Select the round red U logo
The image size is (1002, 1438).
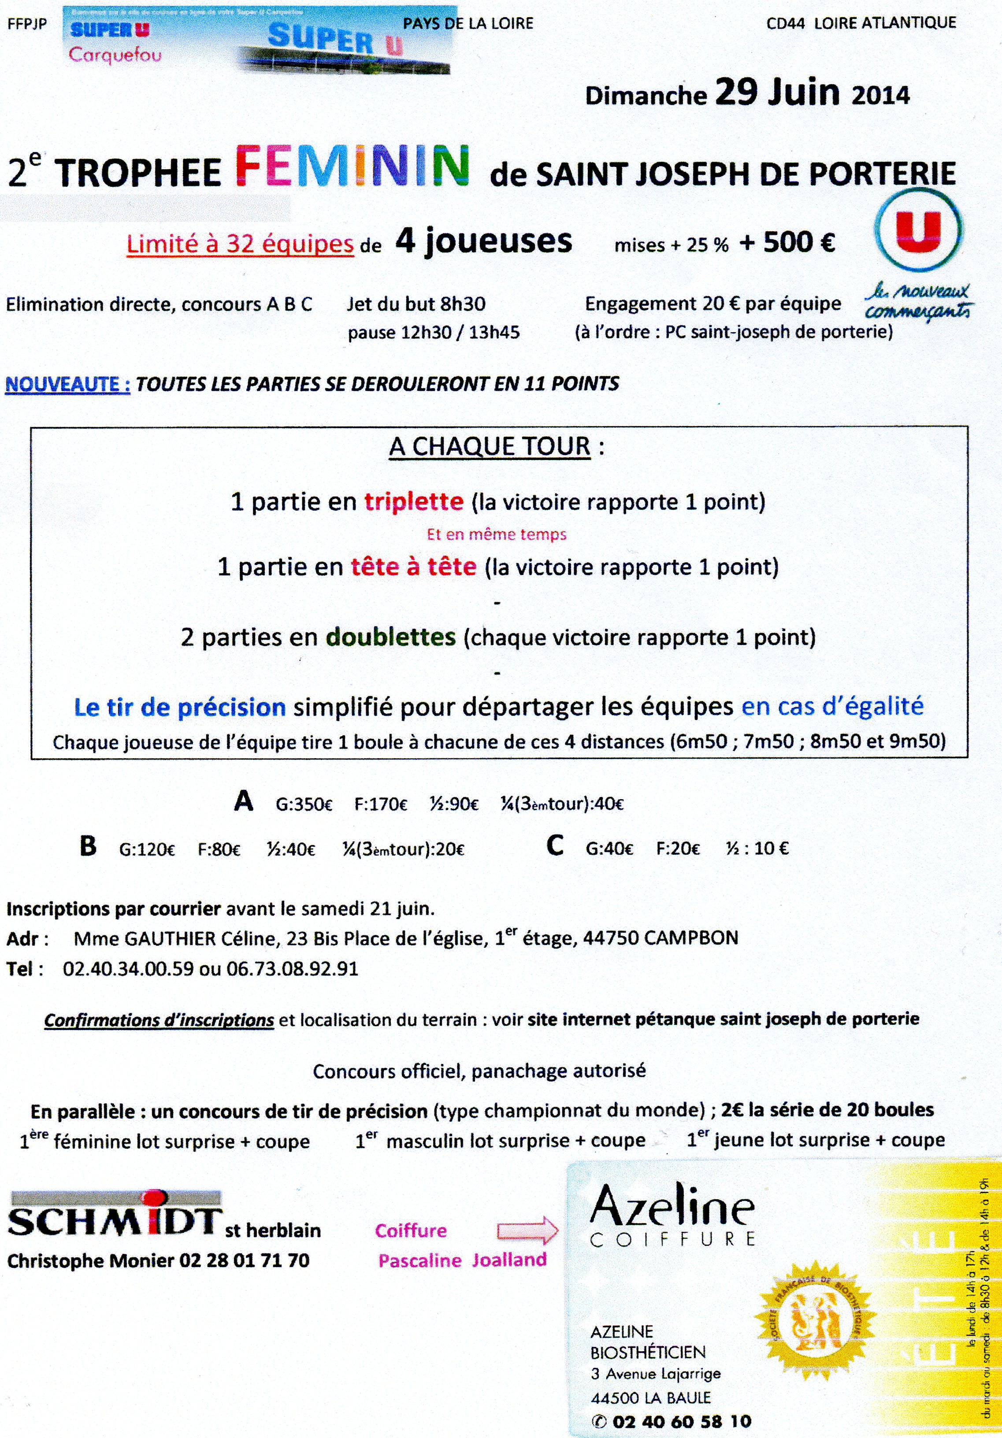tap(918, 229)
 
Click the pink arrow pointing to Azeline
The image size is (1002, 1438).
tap(527, 1230)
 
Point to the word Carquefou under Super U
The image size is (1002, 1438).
tap(115, 55)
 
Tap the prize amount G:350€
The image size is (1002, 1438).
tap(304, 804)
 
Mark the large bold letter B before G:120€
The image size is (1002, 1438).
tap(88, 846)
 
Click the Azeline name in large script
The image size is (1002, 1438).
tap(672, 1208)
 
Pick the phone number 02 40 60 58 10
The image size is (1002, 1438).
tap(681, 1422)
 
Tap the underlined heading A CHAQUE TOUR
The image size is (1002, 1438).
tap(490, 447)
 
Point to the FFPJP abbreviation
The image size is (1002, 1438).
tap(27, 24)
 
